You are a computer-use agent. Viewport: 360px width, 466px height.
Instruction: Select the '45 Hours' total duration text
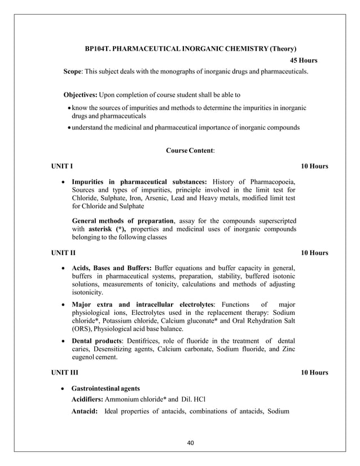point(303,61)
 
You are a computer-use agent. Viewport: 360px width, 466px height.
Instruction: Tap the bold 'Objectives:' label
point(80,94)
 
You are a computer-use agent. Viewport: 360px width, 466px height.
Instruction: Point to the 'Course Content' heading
point(190,151)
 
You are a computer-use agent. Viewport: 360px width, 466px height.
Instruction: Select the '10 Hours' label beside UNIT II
point(314,253)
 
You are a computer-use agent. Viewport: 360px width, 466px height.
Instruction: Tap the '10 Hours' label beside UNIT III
point(314,373)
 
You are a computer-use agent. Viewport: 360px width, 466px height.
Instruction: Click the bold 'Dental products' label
point(98,341)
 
